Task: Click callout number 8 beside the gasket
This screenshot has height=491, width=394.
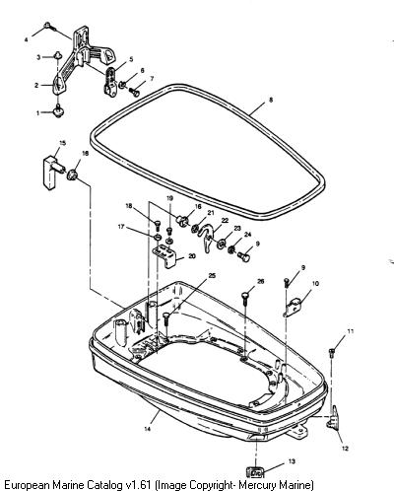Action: pyautogui.click(x=271, y=100)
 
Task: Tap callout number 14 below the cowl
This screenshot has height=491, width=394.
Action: pyautogui.click(x=148, y=429)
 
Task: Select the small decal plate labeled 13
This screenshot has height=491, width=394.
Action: pyautogui.click(x=255, y=472)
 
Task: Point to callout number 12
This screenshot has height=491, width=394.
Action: pyautogui.click(x=345, y=449)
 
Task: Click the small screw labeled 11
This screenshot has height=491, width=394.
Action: pyautogui.click(x=332, y=352)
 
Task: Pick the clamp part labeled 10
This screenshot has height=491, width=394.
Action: pyautogui.click(x=295, y=306)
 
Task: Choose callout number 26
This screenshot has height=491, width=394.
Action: pyautogui.click(x=260, y=281)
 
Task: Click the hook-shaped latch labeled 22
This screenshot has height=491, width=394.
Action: pyautogui.click(x=208, y=238)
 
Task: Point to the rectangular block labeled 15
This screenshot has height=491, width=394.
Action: pyautogui.click(x=50, y=173)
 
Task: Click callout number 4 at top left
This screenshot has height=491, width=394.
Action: pyautogui.click(x=27, y=39)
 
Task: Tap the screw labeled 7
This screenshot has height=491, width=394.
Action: pyautogui.click(x=134, y=92)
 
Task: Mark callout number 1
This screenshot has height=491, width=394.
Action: pyautogui.click(x=37, y=113)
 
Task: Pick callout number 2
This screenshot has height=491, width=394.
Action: pyautogui.click(x=36, y=85)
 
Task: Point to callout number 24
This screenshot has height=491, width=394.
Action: pyautogui.click(x=247, y=235)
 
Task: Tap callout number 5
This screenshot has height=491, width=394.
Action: pyautogui.click(x=131, y=59)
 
